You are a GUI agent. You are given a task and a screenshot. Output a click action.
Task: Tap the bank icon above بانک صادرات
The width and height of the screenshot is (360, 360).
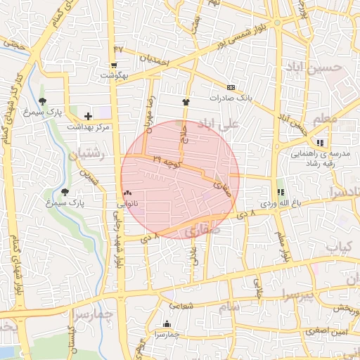click(x=231, y=88)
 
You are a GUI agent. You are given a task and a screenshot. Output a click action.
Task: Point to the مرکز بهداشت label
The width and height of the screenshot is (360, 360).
click(x=89, y=127)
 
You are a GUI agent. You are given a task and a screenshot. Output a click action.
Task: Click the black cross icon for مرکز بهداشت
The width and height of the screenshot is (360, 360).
click(x=88, y=116)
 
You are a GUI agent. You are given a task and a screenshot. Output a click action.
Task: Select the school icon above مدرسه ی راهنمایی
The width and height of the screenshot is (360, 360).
click(x=320, y=143)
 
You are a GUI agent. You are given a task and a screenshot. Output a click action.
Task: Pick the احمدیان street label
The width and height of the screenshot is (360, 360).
click(x=155, y=61)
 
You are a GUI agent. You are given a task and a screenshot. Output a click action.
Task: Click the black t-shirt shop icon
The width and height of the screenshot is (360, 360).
click(x=186, y=102)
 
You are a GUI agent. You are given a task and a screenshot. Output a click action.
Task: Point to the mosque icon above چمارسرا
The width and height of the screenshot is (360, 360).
click(x=167, y=323)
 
